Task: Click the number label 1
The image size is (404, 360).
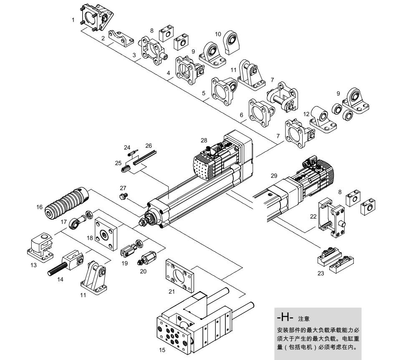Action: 73,20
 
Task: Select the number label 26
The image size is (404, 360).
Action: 149,146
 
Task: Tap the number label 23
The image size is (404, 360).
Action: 320,274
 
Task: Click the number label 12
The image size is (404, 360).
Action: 306,114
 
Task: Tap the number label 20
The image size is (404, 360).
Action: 144,271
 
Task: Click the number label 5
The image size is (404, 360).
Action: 204,94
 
